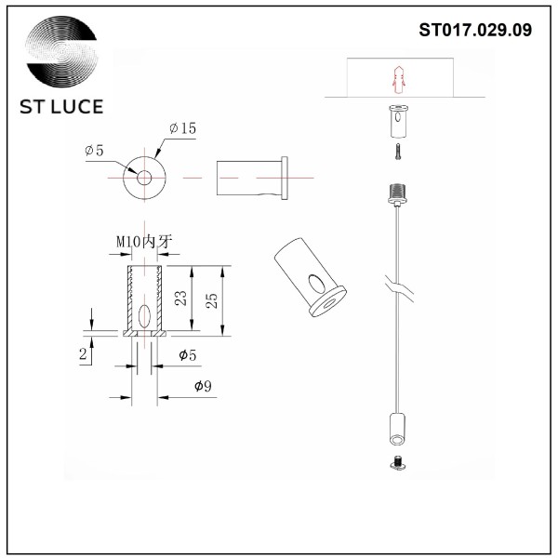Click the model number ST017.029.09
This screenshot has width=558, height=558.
[x=475, y=30]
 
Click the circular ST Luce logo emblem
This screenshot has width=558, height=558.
[x=61, y=51]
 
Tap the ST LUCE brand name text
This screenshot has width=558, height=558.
[x=61, y=107]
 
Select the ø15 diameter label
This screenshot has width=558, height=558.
[x=182, y=128]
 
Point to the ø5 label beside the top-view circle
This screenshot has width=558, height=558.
[x=94, y=151]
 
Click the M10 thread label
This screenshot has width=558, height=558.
[x=144, y=242]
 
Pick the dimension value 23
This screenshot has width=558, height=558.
[x=180, y=299]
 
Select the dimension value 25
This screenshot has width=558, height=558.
[x=211, y=300]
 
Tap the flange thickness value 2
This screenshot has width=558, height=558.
[x=83, y=354]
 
